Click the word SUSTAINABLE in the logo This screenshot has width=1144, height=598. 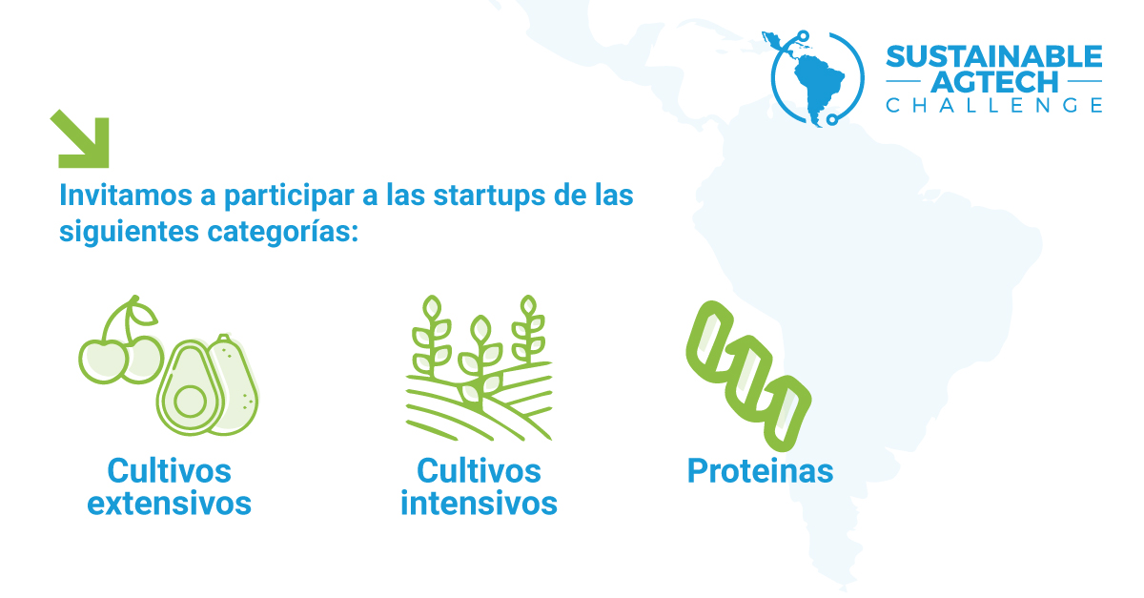pyautogui.click(x=993, y=56)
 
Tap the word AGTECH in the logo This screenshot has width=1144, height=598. pyautogui.click(x=993, y=82)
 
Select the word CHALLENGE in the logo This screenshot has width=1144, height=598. pyautogui.click(x=993, y=105)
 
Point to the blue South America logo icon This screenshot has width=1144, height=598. pyautogui.click(x=816, y=78)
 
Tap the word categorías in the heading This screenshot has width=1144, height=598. pyautogui.click(x=283, y=232)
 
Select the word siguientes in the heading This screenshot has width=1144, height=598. pyautogui.click(x=130, y=232)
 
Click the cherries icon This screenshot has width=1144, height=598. pyautogui.click(x=122, y=340)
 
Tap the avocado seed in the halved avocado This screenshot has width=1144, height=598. pyautogui.click(x=190, y=402)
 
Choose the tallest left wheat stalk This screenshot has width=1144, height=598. pyautogui.click(x=432, y=337)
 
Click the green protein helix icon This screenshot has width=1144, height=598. pyautogui.click(x=748, y=376)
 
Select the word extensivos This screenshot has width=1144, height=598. pyautogui.click(x=169, y=504)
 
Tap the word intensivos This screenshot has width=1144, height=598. pyautogui.click(x=479, y=504)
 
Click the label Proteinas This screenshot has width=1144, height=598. pyautogui.click(x=760, y=471)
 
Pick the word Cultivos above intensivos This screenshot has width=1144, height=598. pyautogui.click(x=479, y=471)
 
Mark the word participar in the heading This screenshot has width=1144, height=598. pyautogui.click(x=289, y=196)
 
